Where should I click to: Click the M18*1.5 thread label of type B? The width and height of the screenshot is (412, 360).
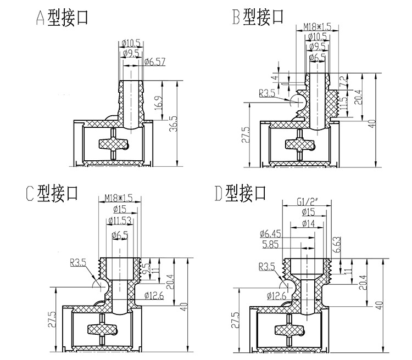tap(318, 26)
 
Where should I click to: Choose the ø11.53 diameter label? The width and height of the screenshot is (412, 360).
tap(119, 221)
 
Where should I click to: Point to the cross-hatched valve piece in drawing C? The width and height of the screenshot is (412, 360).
tap(103, 329)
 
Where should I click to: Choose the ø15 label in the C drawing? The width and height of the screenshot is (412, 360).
tap(119, 209)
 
